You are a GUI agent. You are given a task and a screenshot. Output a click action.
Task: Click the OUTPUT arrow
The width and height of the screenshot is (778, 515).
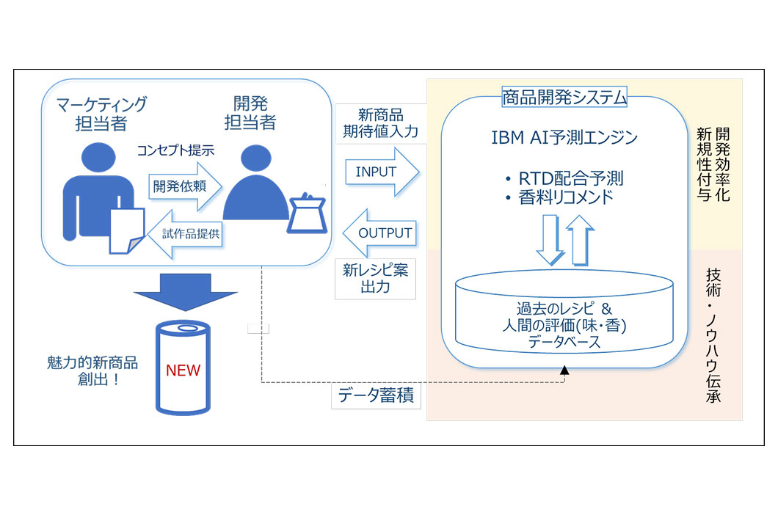point(380,233)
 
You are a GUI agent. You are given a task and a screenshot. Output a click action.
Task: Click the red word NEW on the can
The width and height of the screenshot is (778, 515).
point(183,370)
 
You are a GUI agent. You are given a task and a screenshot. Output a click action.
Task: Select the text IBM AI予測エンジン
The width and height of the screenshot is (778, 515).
point(564,137)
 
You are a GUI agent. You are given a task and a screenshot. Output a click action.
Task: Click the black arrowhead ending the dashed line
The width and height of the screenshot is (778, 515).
point(564,373)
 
